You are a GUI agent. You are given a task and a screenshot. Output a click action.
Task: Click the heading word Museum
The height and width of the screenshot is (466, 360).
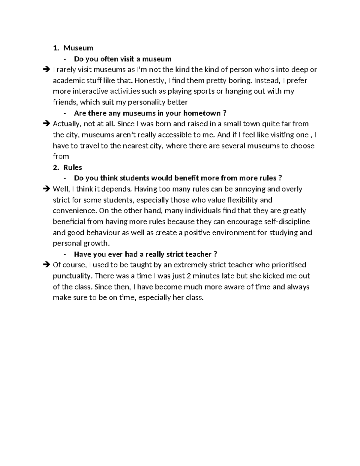pyautogui.click(x=78, y=48)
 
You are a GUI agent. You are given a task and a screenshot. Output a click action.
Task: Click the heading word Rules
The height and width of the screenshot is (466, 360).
pyautogui.click(x=73, y=167)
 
